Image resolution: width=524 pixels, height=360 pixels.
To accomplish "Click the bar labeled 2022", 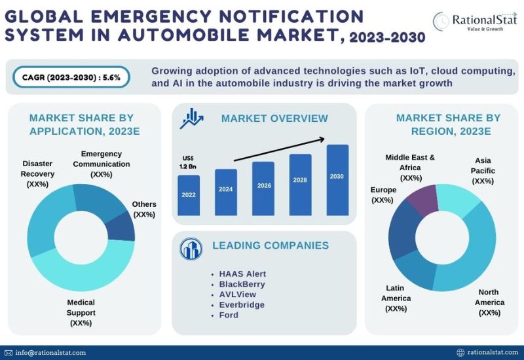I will [189, 195].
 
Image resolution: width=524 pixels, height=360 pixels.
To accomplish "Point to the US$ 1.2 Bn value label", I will [189, 162].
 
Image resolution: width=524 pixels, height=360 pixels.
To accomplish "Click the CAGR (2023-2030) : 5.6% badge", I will [71, 78].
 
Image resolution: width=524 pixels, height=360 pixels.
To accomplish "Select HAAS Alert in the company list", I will [242, 274].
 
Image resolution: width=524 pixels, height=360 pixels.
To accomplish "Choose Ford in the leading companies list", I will [229, 315].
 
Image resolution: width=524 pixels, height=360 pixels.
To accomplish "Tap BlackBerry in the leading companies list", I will [242, 284].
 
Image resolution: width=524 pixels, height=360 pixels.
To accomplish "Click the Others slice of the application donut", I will [122, 226].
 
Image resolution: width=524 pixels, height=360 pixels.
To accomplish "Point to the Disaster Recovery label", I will [38, 174].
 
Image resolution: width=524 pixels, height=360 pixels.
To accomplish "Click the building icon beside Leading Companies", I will [192, 248].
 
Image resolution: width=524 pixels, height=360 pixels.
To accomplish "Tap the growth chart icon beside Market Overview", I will [193, 118].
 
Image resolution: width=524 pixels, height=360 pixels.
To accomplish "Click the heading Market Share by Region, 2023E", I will [447, 124].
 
